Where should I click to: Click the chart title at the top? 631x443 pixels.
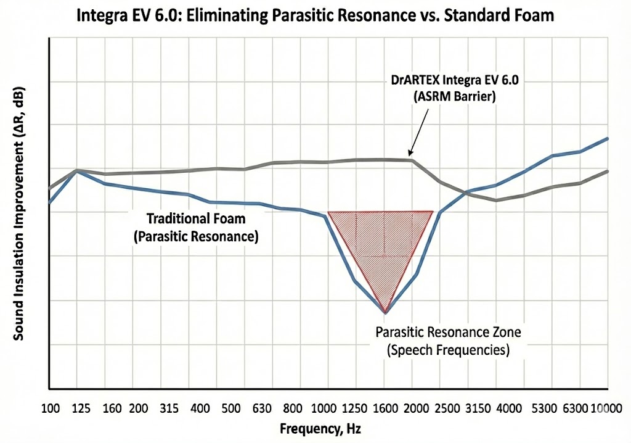tap(315, 15)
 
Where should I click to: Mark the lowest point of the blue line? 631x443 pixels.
tap(385, 313)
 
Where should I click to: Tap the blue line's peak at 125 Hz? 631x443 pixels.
tap(76, 170)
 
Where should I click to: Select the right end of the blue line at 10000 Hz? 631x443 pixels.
tap(608, 138)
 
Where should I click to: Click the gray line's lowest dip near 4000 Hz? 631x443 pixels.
tap(496, 200)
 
